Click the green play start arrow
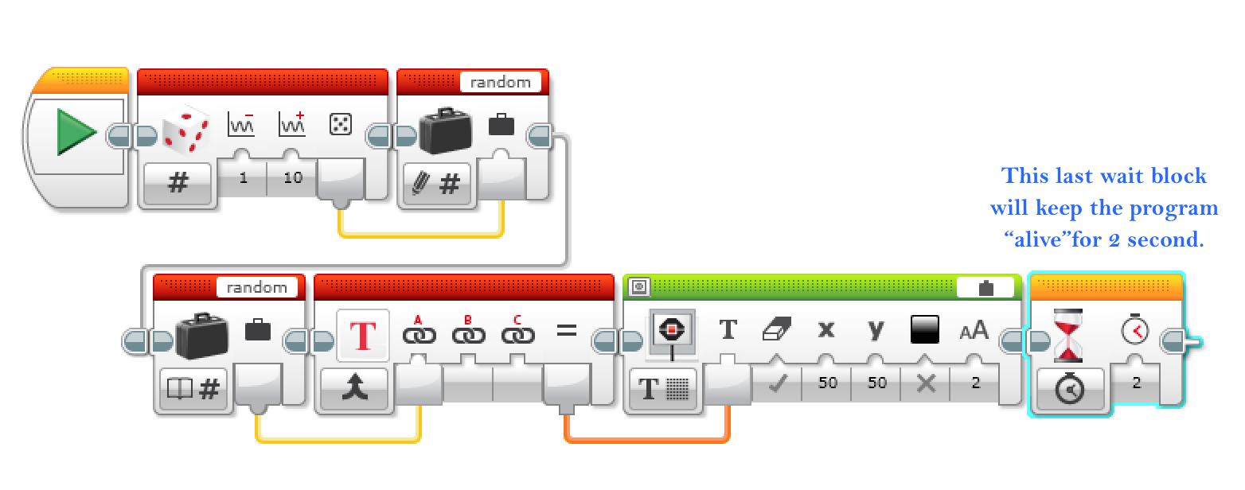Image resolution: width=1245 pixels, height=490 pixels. pyautogui.click(x=76, y=132)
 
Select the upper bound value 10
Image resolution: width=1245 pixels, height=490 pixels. pyautogui.click(x=293, y=178)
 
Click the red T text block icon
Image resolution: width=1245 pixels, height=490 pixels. pyautogui.click(x=363, y=336)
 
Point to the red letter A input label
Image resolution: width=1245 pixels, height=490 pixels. pyautogui.click(x=418, y=321)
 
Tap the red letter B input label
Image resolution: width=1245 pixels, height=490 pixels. pyautogui.click(x=468, y=321)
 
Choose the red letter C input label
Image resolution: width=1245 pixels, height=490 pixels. pyautogui.click(x=517, y=321)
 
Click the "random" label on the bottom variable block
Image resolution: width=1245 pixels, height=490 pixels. pyautogui.click(x=256, y=287)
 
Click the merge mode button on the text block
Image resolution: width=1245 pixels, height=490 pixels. pyautogui.click(x=354, y=390)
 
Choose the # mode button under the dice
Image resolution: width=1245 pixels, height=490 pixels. pyautogui.click(x=178, y=184)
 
